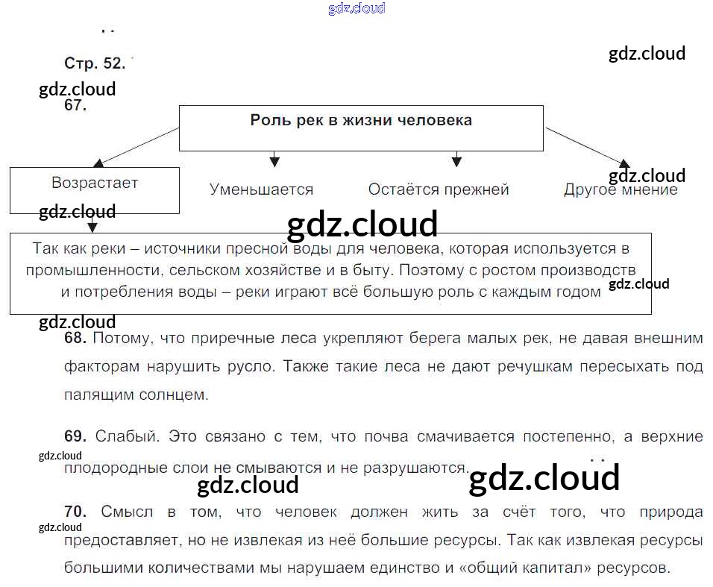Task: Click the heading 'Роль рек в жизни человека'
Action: coord(361,121)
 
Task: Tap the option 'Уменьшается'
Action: coord(261,189)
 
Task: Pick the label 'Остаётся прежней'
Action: coord(439,189)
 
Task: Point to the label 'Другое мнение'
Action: coord(621,189)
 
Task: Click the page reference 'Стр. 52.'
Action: coord(95,63)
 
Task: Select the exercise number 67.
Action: coord(75,105)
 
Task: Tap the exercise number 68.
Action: coord(76,339)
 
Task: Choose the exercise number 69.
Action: coord(76,436)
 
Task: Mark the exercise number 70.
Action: coord(76,512)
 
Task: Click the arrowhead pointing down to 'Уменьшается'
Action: coord(274,160)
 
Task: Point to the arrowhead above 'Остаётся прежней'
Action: coord(456,160)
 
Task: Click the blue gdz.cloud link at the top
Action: coord(356,9)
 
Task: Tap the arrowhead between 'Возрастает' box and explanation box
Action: coord(92,227)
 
